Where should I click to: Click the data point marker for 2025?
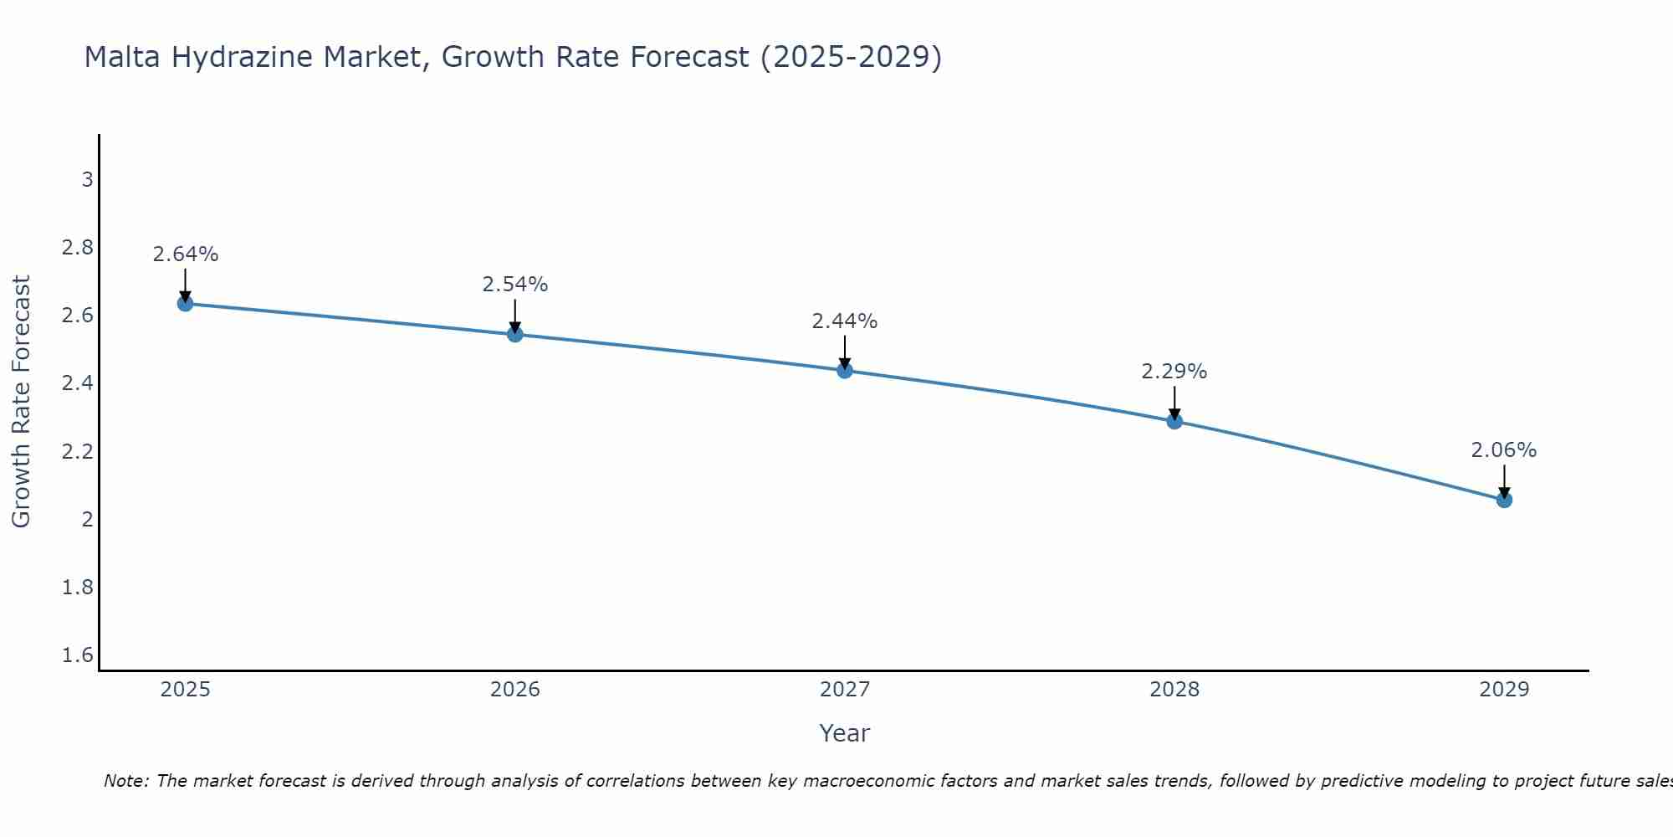pyautogui.click(x=186, y=303)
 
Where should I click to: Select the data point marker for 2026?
pyautogui.click(x=515, y=334)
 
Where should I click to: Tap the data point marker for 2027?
pyautogui.click(x=845, y=370)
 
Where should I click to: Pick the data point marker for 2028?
pyautogui.click(x=1174, y=421)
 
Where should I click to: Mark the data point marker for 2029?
pyautogui.click(x=1504, y=500)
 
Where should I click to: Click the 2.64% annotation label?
pyautogui.click(x=186, y=254)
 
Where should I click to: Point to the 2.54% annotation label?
pyautogui.click(x=515, y=285)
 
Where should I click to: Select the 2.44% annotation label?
pyautogui.click(x=845, y=321)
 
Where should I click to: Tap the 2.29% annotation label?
pyautogui.click(x=1174, y=372)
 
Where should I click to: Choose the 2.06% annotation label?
pyautogui.click(x=1504, y=450)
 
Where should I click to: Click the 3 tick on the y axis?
pyautogui.click(x=87, y=180)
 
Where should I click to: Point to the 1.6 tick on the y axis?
pyautogui.click(x=78, y=655)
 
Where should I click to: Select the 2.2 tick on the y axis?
pyautogui.click(x=78, y=452)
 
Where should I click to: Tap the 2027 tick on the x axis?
pyautogui.click(x=845, y=690)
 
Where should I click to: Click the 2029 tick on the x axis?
pyautogui.click(x=1504, y=690)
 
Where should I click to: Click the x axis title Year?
pyautogui.click(x=845, y=733)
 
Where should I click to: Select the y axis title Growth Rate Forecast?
pyautogui.click(x=21, y=402)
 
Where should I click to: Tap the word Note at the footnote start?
pyautogui.click(x=125, y=781)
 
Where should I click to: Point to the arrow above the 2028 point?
pyautogui.click(x=1174, y=403)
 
